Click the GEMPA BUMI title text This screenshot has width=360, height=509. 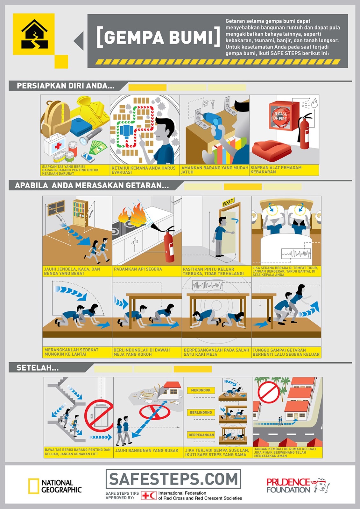tap(158, 37)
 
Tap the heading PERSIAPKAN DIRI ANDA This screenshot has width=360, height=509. tap(65, 86)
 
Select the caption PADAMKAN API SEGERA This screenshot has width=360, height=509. tap(138, 269)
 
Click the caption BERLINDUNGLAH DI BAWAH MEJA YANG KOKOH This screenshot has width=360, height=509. tap(142, 352)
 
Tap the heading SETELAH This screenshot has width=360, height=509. tap(38, 368)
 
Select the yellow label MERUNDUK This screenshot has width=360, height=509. tap(201, 390)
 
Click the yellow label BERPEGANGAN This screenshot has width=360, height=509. tap(201, 435)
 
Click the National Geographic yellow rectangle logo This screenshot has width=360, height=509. tap(33, 486)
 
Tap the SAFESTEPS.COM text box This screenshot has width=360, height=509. tap(173, 479)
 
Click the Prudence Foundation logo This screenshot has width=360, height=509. tap(298, 486)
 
